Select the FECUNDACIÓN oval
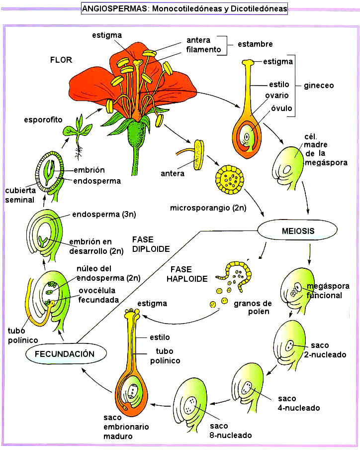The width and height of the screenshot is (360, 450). click(67, 354)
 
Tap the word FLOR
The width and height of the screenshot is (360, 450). click(61, 60)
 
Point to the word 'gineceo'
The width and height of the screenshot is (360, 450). click(319, 86)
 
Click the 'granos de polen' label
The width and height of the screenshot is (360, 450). click(254, 308)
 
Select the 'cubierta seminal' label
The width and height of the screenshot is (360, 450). click(20, 195)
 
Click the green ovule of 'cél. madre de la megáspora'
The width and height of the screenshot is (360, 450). click(291, 166)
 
